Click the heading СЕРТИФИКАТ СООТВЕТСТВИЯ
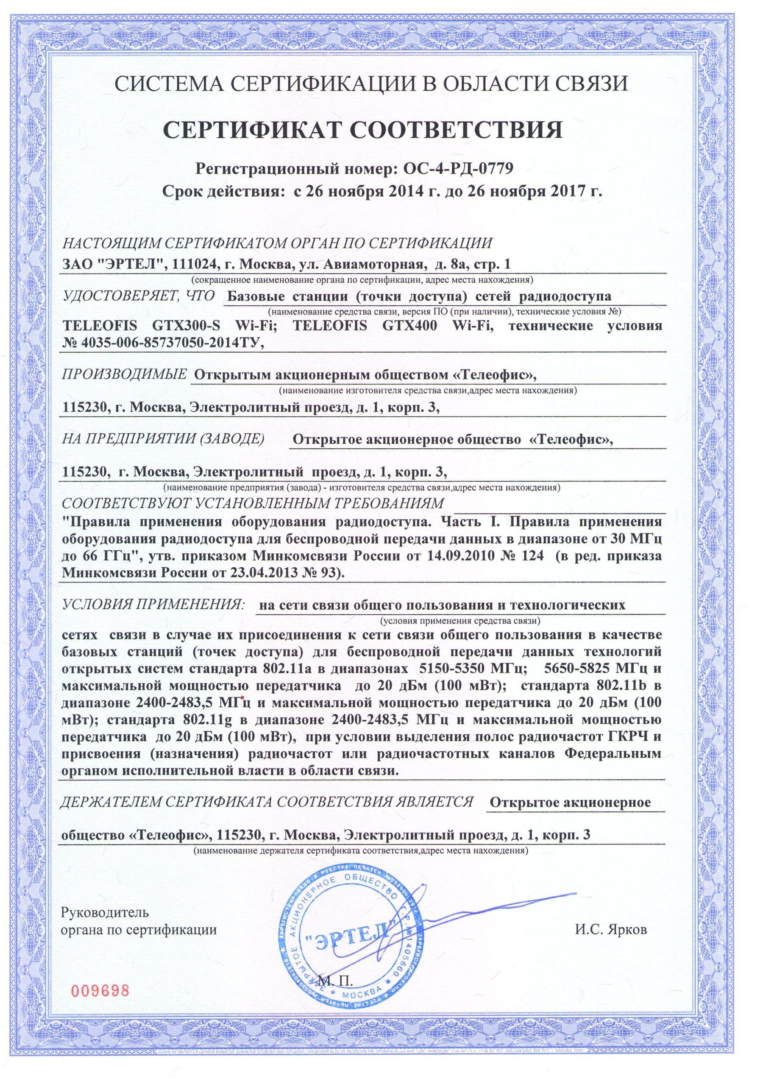pyautogui.click(x=362, y=130)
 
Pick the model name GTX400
pyautogui.click(x=410, y=325)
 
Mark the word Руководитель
pyautogui.click(x=105, y=912)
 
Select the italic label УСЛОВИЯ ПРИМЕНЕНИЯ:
pyautogui.click(x=153, y=604)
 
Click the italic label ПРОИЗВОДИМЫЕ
pyautogui.click(x=124, y=374)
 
